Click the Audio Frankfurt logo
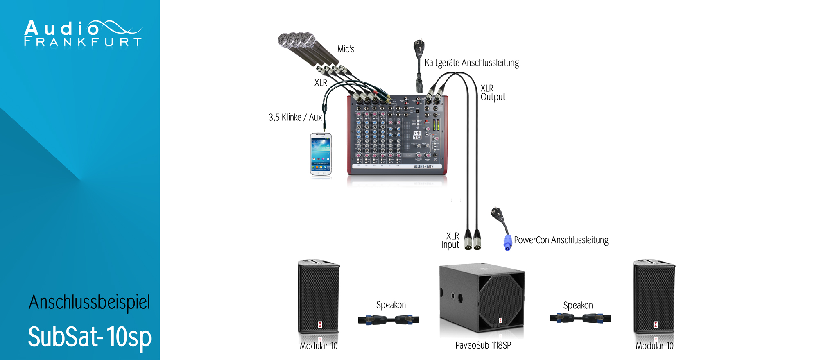point(82,33)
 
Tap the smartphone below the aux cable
point(321,154)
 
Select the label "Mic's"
point(346,49)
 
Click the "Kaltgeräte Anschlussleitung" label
point(471,63)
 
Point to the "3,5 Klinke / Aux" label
point(295,118)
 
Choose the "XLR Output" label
point(493,93)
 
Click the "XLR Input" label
point(450,240)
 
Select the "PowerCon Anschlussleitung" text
point(561,240)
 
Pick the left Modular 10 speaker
point(319,297)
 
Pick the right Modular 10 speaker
point(654,297)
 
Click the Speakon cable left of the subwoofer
point(388,320)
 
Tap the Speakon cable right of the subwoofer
point(580,318)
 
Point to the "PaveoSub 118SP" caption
point(483,345)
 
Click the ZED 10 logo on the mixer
point(417,135)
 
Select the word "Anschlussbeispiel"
point(89,302)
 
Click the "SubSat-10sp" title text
point(89,337)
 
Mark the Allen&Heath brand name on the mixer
point(423,167)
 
